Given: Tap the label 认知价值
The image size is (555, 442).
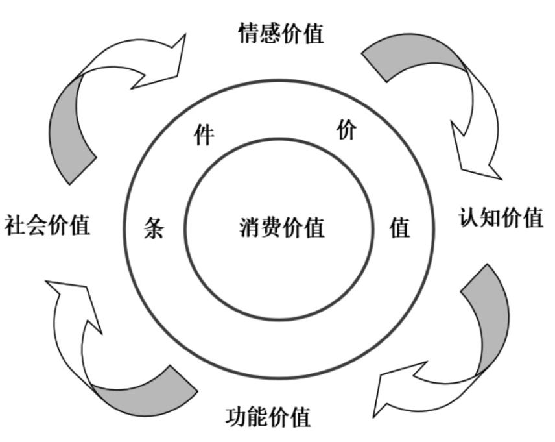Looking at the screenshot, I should pos(501,218).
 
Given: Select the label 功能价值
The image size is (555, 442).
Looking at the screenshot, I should pos(268,416).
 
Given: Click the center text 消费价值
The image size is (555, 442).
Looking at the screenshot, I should pos(281,228).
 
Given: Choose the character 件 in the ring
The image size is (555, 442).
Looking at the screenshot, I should pos(204,136).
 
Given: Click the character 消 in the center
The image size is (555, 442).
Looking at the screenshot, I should pos(250,228).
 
